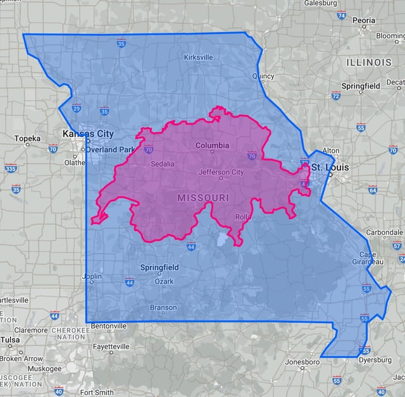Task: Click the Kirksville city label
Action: click(x=198, y=57)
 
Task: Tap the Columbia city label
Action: click(x=212, y=145)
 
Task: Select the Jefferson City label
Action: click(x=221, y=172)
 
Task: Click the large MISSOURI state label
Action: click(x=202, y=198)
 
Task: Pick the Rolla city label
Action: click(x=243, y=217)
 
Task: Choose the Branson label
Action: click(x=163, y=308)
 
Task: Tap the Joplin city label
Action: click(x=92, y=276)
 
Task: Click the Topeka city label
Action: click(x=27, y=138)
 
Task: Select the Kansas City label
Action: click(x=88, y=134)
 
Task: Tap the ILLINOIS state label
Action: click(x=369, y=63)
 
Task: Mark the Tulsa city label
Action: click(x=9, y=339)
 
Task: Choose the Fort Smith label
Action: click(x=97, y=392)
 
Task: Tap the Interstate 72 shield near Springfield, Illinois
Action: click(x=335, y=96)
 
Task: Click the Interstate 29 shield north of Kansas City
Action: click(x=76, y=108)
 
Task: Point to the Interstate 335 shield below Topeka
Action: click(x=11, y=168)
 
